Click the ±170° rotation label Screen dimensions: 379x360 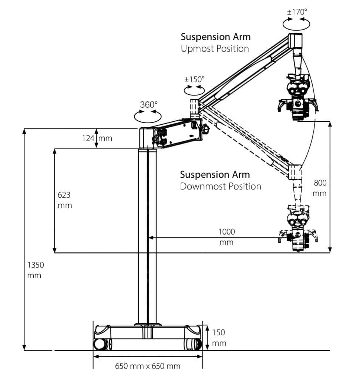click(297, 11)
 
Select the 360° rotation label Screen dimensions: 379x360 click(148, 105)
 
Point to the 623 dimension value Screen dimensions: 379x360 click(64, 195)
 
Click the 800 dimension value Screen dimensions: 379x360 click(320, 182)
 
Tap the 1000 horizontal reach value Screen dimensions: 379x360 click(226, 232)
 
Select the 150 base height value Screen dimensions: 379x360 click(219, 332)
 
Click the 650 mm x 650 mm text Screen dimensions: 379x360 click(148, 366)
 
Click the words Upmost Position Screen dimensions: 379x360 click(215, 48)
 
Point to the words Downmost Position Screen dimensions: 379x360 click(221, 186)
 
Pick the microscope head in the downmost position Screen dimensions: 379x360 click(297, 231)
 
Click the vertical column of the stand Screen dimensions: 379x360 click(147, 237)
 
